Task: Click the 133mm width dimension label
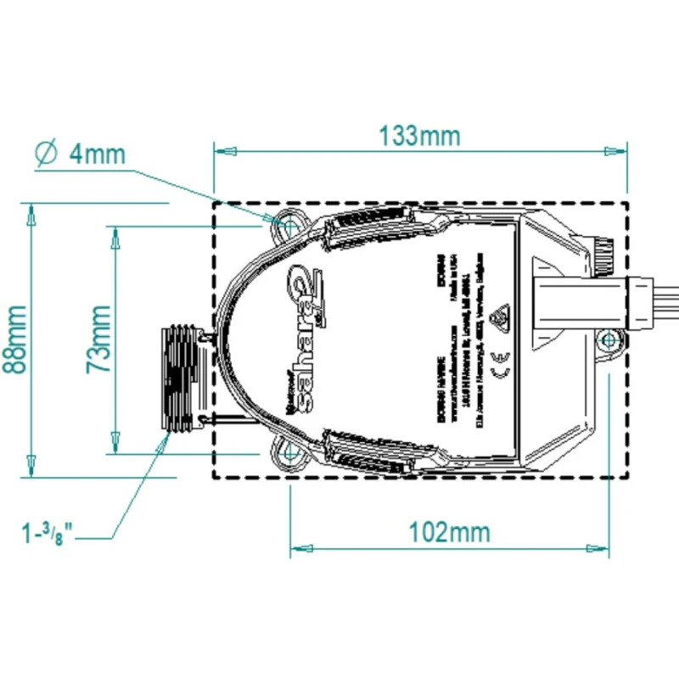click(420, 135)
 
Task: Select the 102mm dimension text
click(450, 532)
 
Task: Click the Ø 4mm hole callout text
click(81, 154)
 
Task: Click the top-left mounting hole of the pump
click(289, 227)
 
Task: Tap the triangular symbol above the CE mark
click(498, 315)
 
